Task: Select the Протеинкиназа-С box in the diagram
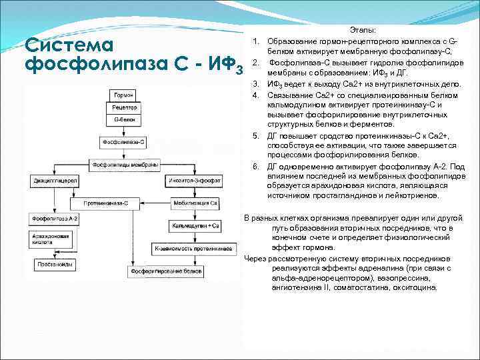click(x=106, y=202)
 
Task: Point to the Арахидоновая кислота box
click(x=51, y=239)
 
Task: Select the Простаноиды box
click(x=51, y=264)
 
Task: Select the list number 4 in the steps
click(x=255, y=95)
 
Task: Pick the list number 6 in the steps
click(x=255, y=166)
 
